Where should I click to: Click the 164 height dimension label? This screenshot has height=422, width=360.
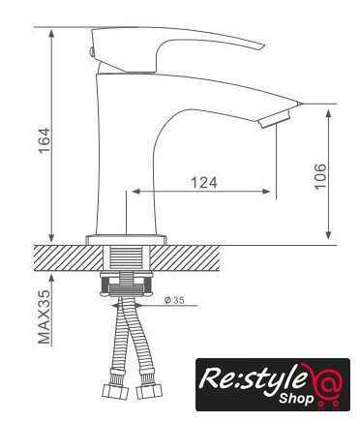(x=45, y=140)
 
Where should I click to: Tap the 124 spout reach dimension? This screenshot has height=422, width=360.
(x=204, y=183)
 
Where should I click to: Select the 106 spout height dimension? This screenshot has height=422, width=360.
(x=320, y=176)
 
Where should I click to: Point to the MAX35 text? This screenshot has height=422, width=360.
(x=45, y=317)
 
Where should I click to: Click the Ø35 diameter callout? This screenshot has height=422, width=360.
(x=174, y=300)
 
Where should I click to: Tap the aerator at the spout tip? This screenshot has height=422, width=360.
(x=275, y=119)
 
